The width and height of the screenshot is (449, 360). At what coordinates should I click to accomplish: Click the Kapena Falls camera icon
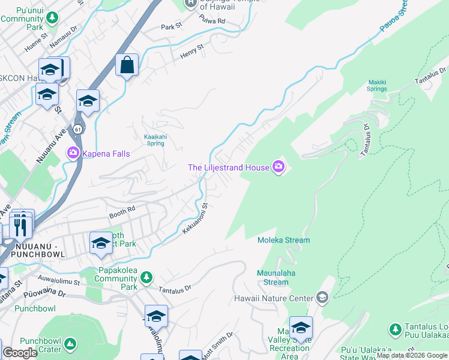click(73, 154)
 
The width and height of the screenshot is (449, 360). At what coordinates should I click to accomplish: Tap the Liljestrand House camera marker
click(278, 167)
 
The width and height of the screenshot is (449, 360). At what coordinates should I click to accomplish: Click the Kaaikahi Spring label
click(155, 140)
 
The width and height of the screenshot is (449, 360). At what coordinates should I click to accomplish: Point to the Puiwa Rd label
click(213, 21)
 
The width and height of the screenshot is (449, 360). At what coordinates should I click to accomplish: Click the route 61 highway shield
click(78, 129)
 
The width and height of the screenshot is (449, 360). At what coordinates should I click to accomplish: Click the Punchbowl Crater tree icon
click(71, 345)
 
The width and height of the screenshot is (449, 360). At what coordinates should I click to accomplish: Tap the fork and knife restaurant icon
click(22, 227)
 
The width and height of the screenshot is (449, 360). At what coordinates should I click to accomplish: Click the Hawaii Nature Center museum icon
click(322, 298)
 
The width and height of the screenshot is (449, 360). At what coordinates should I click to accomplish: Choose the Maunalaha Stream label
click(276, 278)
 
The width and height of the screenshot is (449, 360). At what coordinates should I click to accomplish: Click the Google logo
click(20, 353)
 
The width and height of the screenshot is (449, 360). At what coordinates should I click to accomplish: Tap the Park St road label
click(171, 27)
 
